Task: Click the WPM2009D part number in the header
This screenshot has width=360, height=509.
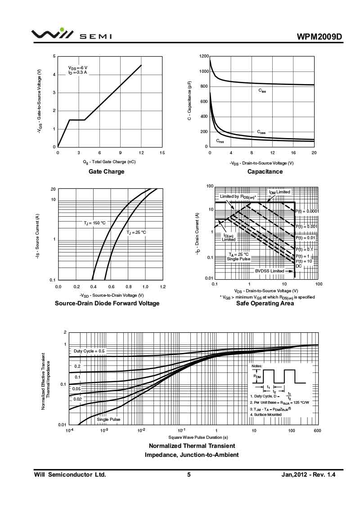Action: click(320, 36)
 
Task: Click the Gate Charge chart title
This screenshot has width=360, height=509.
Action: click(107, 171)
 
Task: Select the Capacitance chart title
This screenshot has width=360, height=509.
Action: click(265, 171)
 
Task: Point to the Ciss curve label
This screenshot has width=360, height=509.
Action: click(262, 91)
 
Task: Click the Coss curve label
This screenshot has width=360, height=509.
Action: click(261, 132)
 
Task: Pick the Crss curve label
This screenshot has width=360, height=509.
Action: click(220, 141)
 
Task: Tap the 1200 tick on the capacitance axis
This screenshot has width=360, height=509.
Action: click(203, 56)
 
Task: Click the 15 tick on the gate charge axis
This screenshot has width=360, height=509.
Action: click(162, 153)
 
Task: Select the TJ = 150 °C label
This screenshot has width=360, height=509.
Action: click(94, 223)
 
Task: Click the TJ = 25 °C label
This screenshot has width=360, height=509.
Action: click(136, 232)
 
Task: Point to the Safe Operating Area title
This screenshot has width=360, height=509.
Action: click(265, 304)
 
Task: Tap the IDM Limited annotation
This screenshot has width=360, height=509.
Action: click(279, 192)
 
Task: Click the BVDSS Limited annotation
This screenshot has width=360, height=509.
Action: click(270, 271)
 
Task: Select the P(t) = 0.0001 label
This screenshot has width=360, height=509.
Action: click(307, 211)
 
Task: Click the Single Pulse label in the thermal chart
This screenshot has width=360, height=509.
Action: click(108, 420)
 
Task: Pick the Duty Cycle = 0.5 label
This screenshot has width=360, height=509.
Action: click(89, 351)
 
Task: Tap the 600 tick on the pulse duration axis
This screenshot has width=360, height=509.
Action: click(317, 431)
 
